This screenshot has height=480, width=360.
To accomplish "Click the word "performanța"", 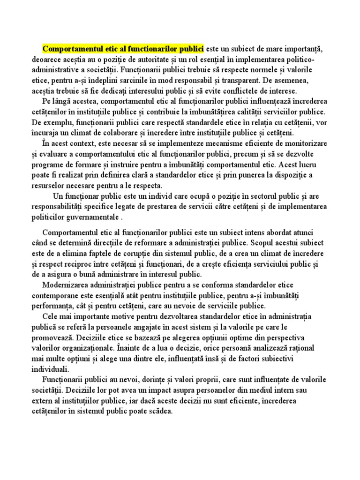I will (x=53, y=306).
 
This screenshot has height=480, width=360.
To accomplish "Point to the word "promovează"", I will (x=53, y=337).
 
